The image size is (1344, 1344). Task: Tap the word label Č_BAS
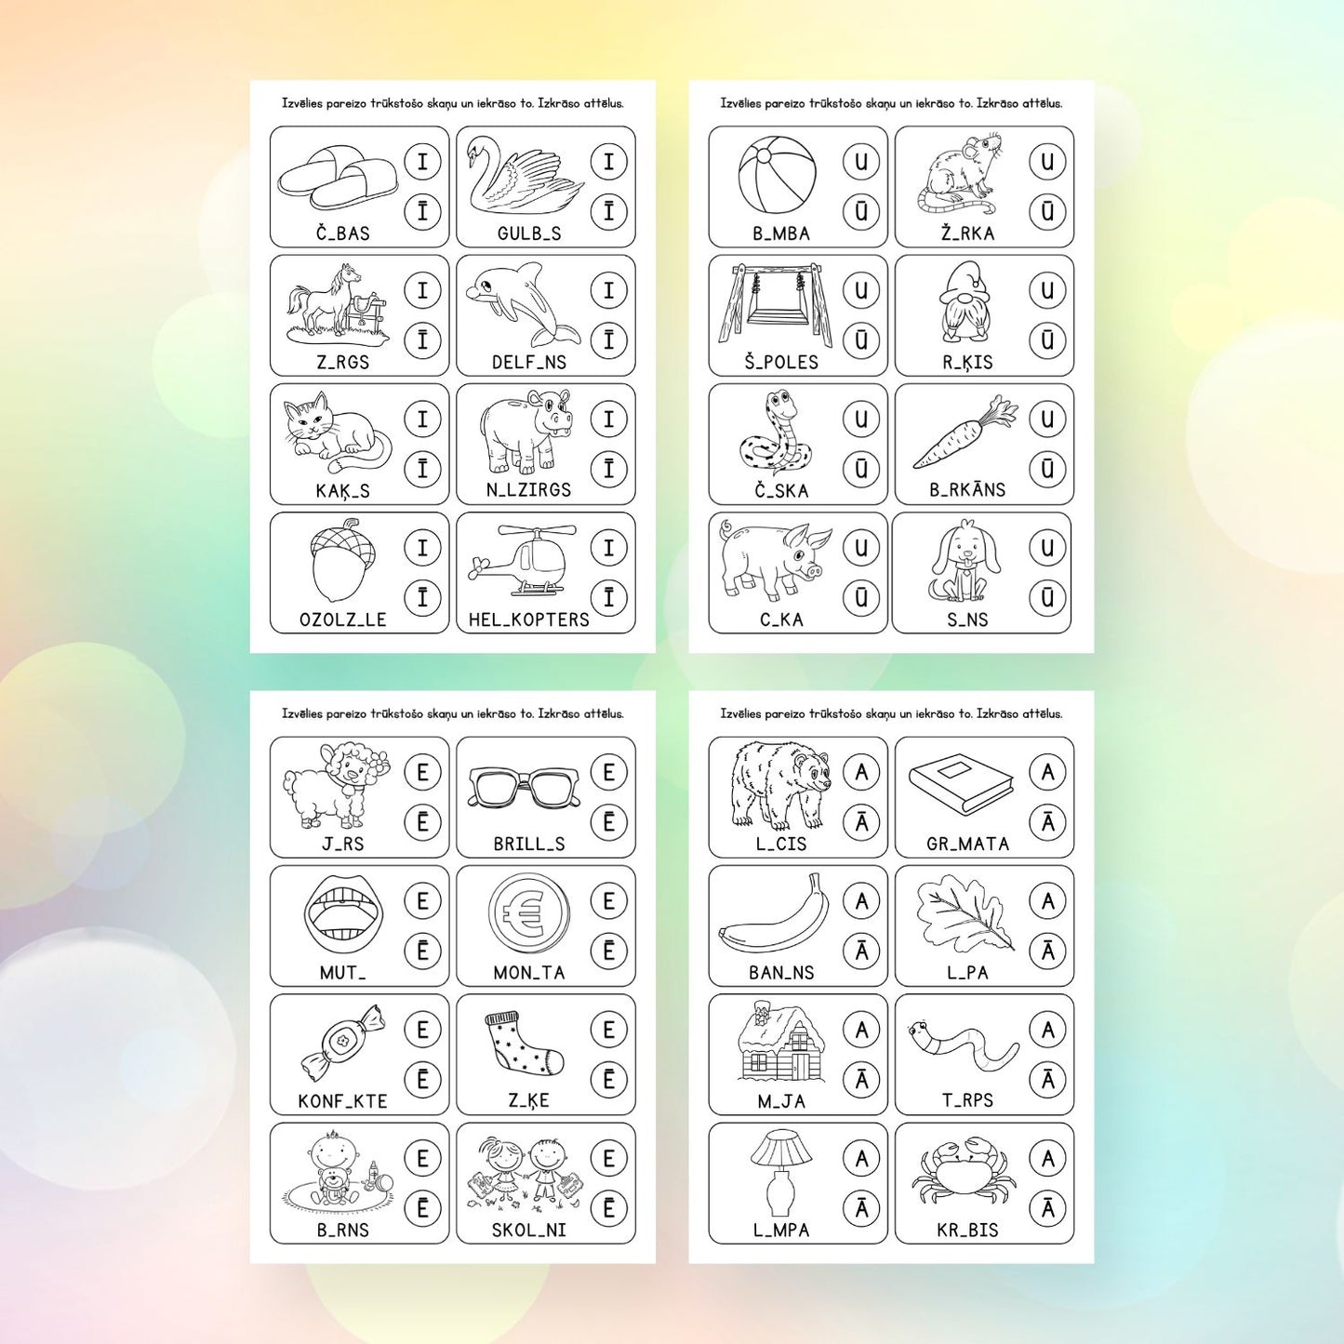[x=342, y=233]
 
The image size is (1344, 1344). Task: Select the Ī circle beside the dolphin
[x=609, y=340]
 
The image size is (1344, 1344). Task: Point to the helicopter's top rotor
[x=539, y=534]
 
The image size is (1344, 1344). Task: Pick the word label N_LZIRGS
[x=528, y=490]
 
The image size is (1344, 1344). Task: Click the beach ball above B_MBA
[x=777, y=174]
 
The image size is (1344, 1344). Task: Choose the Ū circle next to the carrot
[x=1047, y=469]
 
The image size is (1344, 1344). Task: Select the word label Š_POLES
[x=781, y=362]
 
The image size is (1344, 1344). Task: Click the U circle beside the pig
[x=861, y=548]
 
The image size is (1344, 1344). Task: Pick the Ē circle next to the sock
[x=609, y=1080]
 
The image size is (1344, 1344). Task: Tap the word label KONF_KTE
[x=342, y=1101]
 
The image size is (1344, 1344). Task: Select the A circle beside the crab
[x=1047, y=1159]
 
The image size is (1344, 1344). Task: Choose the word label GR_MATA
[x=968, y=844]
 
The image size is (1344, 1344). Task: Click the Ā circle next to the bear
[x=861, y=822]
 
